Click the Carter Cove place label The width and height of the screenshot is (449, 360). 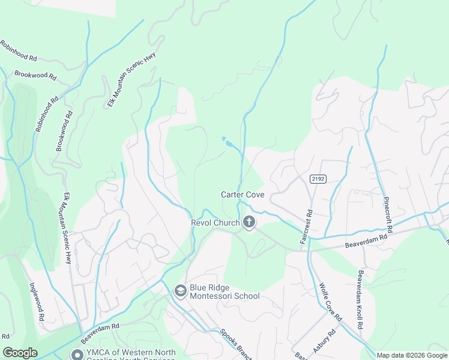(243, 194)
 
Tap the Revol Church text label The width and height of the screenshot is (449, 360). (215, 223)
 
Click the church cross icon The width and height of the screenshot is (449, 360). (249, 223)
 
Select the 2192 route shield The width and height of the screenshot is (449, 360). (318, 179)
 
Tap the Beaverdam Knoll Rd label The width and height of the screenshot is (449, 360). (360, 299)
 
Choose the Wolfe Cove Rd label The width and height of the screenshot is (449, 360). (331, 301)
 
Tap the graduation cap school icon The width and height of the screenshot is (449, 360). (179, 291)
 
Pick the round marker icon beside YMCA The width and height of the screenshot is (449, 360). (77, 355)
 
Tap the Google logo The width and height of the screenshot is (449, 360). (20, 353)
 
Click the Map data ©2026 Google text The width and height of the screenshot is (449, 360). (412, 355)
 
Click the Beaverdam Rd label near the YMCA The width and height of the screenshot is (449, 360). (101, 329)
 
